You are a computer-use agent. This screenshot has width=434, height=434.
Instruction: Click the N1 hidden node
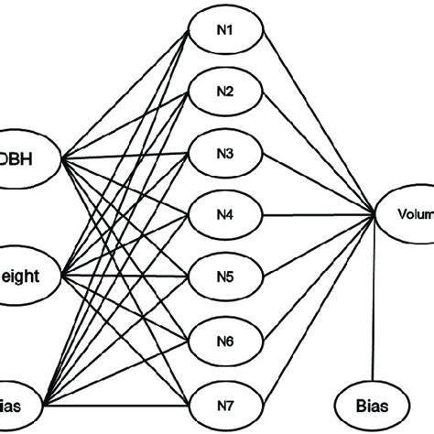pyautogui.click(x=226, y=31)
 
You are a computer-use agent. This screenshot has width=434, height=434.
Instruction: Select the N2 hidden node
pyautogui.click(x=226, y=92)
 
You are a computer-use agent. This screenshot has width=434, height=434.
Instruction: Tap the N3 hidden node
pyautogui.click(x=226, y=153)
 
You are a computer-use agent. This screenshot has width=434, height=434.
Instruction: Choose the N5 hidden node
pyautogui.click(x=226, y=277)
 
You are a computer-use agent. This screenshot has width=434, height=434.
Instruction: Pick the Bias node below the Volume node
pyautogui.click(x=374, y=403)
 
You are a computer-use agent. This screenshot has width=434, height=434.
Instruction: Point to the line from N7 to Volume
pyautogui.click(x=320, y=310)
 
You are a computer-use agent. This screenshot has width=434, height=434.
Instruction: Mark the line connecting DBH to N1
pyautogui.click(x=128, y=94)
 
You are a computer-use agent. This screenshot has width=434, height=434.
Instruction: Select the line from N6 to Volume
pyautogui.click(x=320, y=277)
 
